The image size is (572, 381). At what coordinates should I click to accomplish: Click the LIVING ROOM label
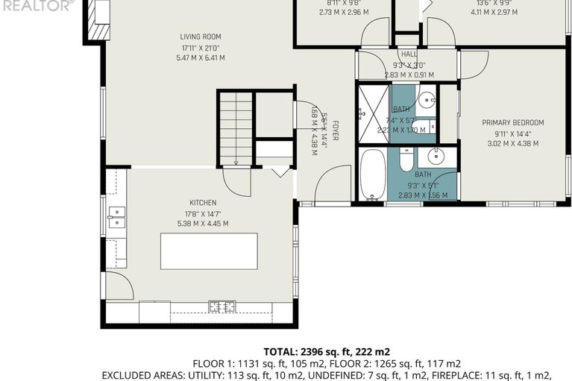click(x=201, y=37)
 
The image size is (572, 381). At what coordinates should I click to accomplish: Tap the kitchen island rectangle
click(x=209, y=251)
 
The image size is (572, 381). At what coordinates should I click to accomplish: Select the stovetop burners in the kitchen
click(x=221, y=306)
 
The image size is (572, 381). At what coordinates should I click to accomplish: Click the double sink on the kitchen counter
click(x=116, y=217)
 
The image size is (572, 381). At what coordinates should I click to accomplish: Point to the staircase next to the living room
click(x=236, y=128)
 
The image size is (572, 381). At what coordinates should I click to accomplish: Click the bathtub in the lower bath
click(x=372, y=174)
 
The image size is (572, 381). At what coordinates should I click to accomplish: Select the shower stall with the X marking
click(x=373, y=113)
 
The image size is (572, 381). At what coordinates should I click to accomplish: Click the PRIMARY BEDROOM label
click(x=512, y=123)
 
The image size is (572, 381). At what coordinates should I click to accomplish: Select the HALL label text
click(x=409, y=54)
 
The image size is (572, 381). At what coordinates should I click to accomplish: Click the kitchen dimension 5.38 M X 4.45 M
click(x=203, y=223)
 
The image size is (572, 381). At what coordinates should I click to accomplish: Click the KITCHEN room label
click(x=203, y=202)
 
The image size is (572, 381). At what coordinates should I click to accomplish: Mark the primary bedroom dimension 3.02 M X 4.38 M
click(x=512, y=144)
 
